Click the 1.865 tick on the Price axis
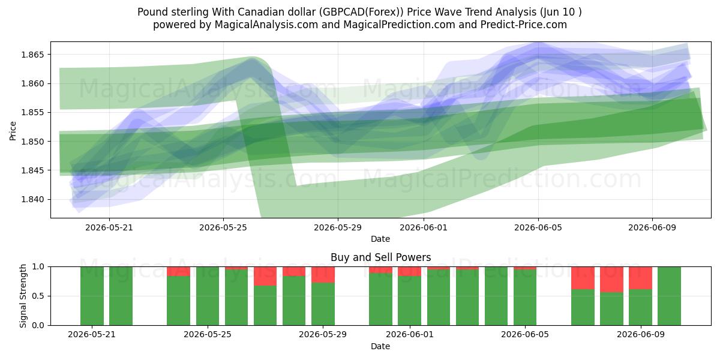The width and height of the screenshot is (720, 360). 32,55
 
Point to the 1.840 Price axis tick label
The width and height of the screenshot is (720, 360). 32,199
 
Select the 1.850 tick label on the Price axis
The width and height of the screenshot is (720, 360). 32,142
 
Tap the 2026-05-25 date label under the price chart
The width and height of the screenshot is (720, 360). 223,227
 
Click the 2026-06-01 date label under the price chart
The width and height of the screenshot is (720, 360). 424,227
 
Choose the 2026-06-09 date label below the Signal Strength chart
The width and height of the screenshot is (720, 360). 641,334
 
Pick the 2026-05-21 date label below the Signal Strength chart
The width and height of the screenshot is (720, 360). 92,334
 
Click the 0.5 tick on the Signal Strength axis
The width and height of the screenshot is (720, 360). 38,296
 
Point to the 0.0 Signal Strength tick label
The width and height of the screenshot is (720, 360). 38,325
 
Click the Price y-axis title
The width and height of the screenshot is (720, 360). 13,131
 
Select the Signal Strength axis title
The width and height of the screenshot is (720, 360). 23,296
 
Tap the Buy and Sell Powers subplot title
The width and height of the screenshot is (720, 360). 380,257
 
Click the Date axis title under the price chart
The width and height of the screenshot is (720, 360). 380,239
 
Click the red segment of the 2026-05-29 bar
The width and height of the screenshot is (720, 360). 323,275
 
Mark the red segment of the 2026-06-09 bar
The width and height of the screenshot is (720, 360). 641,278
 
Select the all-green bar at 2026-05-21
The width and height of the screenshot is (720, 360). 92,296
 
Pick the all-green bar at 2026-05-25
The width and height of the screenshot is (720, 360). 208,296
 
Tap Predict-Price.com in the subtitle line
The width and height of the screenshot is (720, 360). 524,25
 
